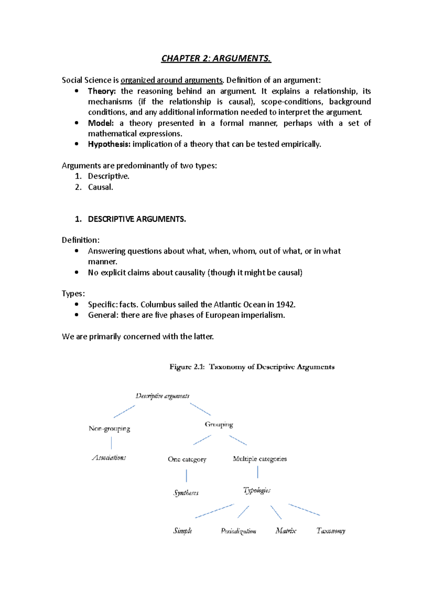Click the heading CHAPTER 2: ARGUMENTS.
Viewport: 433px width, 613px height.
tap(216, 58)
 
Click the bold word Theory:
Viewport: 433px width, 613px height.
tap(102, 91)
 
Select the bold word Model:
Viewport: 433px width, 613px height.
tap(101, 123)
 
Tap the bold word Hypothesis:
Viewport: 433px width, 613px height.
tap(109, 144)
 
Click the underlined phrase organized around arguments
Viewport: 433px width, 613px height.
tap(172, 80)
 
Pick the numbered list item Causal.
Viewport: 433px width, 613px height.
tap(100, 187)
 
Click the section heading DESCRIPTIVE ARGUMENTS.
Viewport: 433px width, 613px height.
tap(137, 219)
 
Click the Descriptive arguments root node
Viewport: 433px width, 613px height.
tap(162, 396)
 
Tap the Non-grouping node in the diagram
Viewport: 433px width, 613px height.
tap(109, 429)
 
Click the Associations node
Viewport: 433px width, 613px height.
tap(109, 458)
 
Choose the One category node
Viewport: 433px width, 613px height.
tap(187, 459)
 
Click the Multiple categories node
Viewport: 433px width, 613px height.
tap(260, 459)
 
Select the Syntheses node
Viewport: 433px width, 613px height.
tap(186, 493)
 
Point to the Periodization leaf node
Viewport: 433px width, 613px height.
tap(239, 531)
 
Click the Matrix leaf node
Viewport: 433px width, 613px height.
tap(286, 531)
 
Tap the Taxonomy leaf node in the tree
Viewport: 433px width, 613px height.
tap(331, 531)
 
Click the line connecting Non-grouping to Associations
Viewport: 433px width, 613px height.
tap(111, 443)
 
